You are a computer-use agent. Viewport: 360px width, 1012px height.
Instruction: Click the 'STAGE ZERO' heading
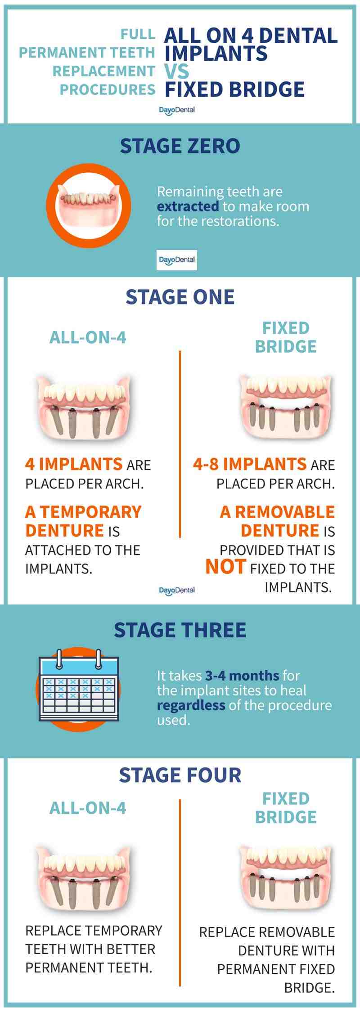[x=180, y=146]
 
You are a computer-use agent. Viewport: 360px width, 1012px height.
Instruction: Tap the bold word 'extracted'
[x=188, y=206]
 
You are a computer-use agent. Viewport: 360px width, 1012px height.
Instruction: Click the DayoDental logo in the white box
[x=176, y=260]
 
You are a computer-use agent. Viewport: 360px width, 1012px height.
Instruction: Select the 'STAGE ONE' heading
[x=180, y=297]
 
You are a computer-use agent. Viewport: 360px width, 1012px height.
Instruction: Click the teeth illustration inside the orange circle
[x=88, y=206]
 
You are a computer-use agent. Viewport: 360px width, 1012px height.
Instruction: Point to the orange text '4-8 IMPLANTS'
[x=249, y=464]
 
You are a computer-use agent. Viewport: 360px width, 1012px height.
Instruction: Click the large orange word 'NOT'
[x=225, y=567]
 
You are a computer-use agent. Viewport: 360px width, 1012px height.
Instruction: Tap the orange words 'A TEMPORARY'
[x=83, y=512]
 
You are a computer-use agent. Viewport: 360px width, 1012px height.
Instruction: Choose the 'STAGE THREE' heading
[x=180, y=630]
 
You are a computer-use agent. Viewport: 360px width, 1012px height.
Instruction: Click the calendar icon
[x=79, y=686]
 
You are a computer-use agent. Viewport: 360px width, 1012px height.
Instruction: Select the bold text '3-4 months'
[x=242, y=675]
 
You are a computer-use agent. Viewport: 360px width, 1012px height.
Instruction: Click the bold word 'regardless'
[x=191, y=705]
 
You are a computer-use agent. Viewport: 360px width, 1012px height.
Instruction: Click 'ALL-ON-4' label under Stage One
[x=88, y=337]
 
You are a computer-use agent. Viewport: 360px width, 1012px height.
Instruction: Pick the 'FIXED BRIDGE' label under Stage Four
[x=286, y=807]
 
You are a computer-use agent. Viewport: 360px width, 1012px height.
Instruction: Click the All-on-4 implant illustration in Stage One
[x=84, y=407]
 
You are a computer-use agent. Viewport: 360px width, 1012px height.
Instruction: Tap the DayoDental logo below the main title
[x=176, y=110]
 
